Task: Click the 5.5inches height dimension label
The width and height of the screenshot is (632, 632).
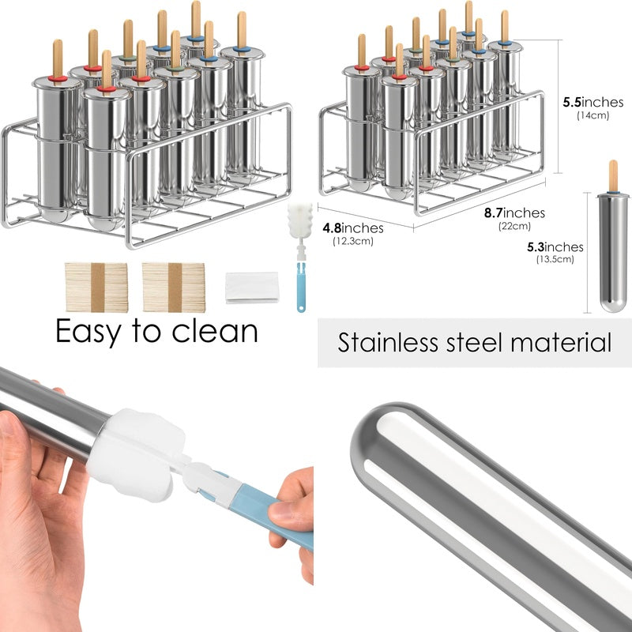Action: pos(593,102)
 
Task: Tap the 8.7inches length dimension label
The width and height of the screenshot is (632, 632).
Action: pos(514,213)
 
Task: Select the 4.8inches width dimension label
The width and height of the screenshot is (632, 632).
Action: pos(352,228)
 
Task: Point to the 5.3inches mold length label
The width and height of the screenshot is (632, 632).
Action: pos(555,246)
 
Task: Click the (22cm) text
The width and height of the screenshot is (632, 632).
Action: pos(514,226)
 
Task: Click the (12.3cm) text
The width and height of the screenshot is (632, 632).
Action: pos(352,241)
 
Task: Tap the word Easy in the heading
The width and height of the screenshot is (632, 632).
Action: pos(88,332)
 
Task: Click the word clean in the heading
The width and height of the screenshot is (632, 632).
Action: pos(215,330)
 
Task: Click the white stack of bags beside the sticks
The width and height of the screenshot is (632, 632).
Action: pos(252,288)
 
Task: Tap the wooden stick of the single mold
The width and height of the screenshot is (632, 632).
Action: pos(613,175)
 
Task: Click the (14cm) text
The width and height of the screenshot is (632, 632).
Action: pos(593,115)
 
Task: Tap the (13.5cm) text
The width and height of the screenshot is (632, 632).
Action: pos(555,259)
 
